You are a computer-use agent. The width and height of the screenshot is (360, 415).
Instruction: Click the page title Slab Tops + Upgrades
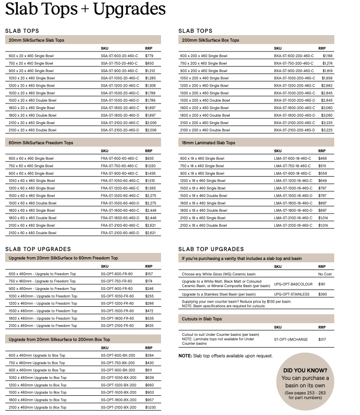click(x=85, y=9)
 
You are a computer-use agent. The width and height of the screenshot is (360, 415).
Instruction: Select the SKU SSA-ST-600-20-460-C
click(x=119, y=56)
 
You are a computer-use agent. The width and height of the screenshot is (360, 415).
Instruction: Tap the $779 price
click(x=149, y=56)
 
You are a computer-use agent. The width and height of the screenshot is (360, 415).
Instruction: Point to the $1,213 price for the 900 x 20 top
click(x=150, y=71)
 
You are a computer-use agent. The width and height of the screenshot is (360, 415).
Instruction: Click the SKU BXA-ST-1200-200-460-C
click(x=294, y=86)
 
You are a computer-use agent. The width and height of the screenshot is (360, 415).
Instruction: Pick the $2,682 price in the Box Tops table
click(x=327, y=86)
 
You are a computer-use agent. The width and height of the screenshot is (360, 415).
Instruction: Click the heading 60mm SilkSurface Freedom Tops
click(x=41, y=143)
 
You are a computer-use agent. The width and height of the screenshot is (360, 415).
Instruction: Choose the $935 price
click(x=149, y=158)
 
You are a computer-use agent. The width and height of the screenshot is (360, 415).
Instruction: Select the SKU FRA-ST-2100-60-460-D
click(x=120, y=233)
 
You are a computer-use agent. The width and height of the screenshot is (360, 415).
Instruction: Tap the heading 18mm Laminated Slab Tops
click(x=208, y=143)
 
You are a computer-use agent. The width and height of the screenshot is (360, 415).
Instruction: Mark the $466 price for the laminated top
click(x=323, y=158)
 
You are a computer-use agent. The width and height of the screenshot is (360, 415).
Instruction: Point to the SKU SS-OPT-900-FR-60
click(x=117, y=289)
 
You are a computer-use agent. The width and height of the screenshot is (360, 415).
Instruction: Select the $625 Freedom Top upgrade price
click(x=149, y=326)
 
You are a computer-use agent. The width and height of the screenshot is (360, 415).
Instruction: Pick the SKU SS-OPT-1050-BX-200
click(x=118, y=378)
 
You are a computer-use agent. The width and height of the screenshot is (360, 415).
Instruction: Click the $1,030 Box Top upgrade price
click(x=150, y=408)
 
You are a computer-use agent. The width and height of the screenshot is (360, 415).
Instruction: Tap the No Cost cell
click(x=325, y=274)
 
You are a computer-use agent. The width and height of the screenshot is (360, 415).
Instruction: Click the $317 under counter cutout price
click(x=322, y=339)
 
